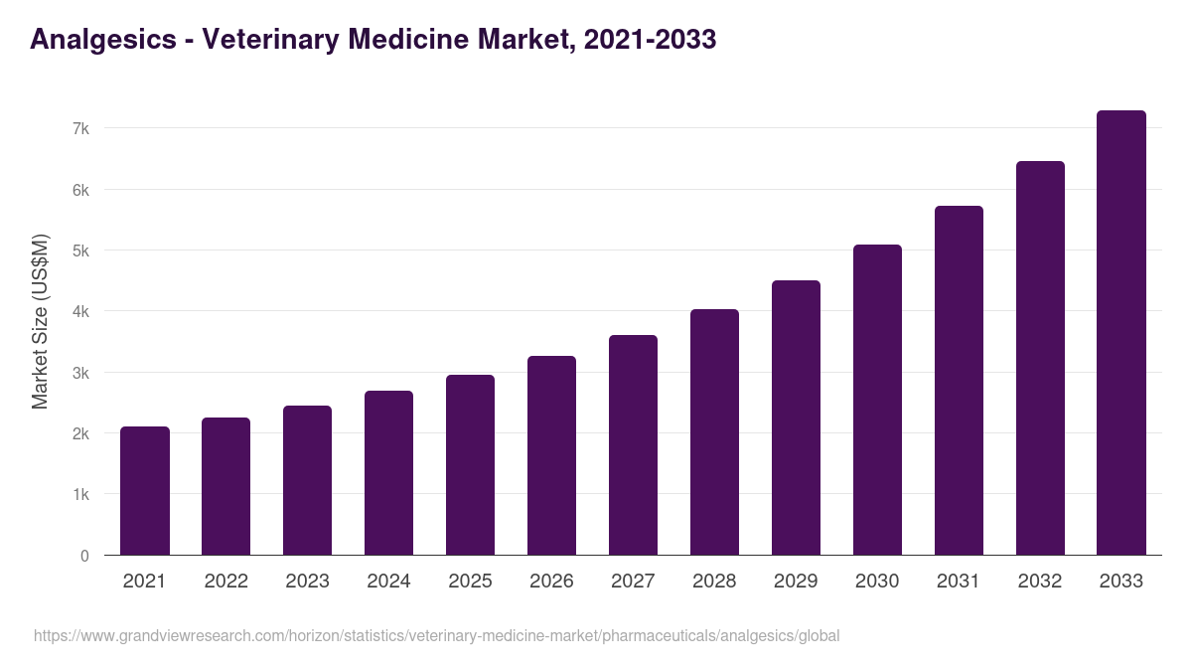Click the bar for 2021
tap(145, 491)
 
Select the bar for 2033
tap(1121, 333)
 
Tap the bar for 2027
tap(633, 445)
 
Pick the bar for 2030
tap(877, 400)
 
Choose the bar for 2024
tap(388, 473)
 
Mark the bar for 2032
tap(1040, 358)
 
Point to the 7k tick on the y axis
tap(80, 129)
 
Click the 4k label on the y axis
tap(80, 312)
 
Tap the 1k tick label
tap(80, 495)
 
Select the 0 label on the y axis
tap(84, 556)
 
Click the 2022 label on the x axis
tap(225, 582)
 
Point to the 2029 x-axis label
tap(796, 582)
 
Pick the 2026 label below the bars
tap(551, 582)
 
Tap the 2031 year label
tap(959, 582)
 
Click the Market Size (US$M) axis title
tap(40, 321)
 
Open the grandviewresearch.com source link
tap(436, 635)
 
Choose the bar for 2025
tap(470, 465)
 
